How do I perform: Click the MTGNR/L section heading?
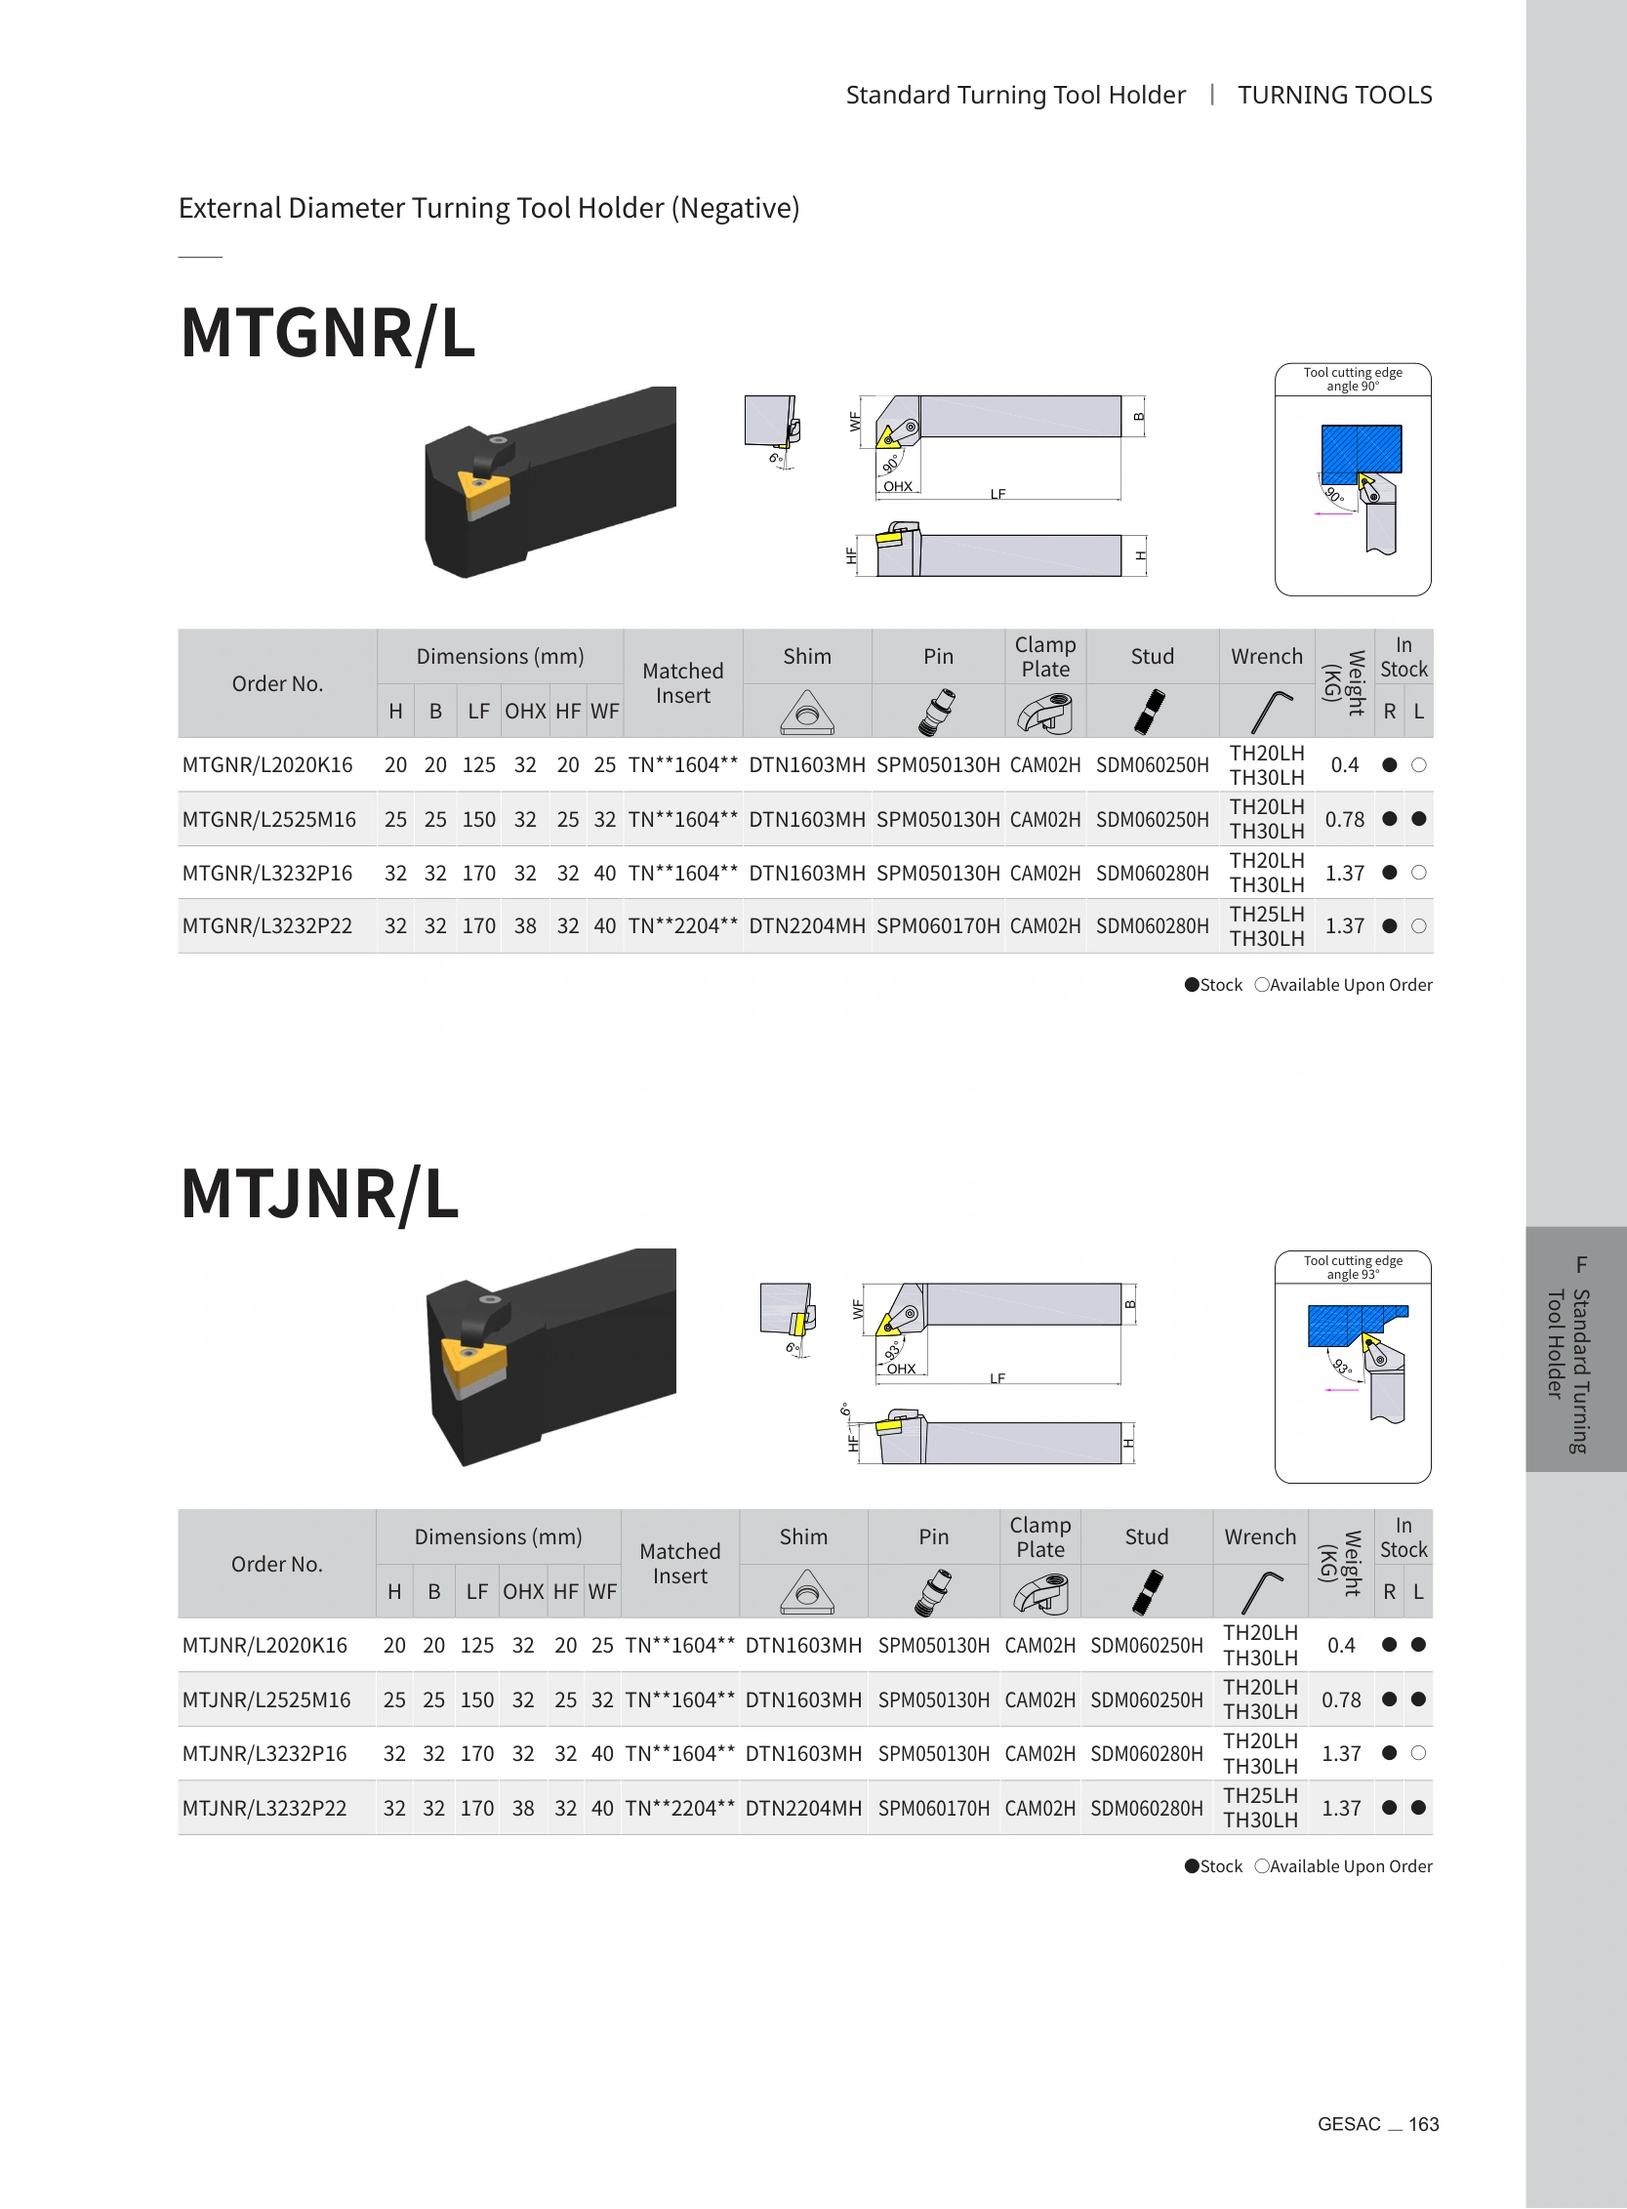click(328, 333)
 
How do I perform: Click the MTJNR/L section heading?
click(320, 1194)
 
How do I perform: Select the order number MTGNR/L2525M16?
click(268, 819)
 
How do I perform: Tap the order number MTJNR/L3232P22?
click(264, 1808)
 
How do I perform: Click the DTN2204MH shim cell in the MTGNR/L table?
click(806, 925)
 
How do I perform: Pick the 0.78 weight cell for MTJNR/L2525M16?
click(1341, 1699)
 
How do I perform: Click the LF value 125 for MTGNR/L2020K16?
click(478, 765)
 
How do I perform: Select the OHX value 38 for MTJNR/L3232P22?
click(523, 1808)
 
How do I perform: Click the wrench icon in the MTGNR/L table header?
click(1271, 711)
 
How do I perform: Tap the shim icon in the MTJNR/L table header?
click(806, 1591)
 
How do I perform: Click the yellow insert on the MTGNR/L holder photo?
click(483, 490)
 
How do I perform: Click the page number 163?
click(1423, 2124)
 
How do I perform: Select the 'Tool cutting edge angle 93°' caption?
click(1352, 1267)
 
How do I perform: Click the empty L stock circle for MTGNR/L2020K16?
click(1418, 765)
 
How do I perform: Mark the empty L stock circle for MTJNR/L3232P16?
click(1418, 1753)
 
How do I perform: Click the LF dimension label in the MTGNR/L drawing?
click(997, 493)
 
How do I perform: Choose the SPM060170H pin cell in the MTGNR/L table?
click(938, 925)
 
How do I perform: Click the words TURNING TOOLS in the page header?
click(1334, 95)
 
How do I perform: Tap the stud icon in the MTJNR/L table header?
click(1147, 1591)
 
